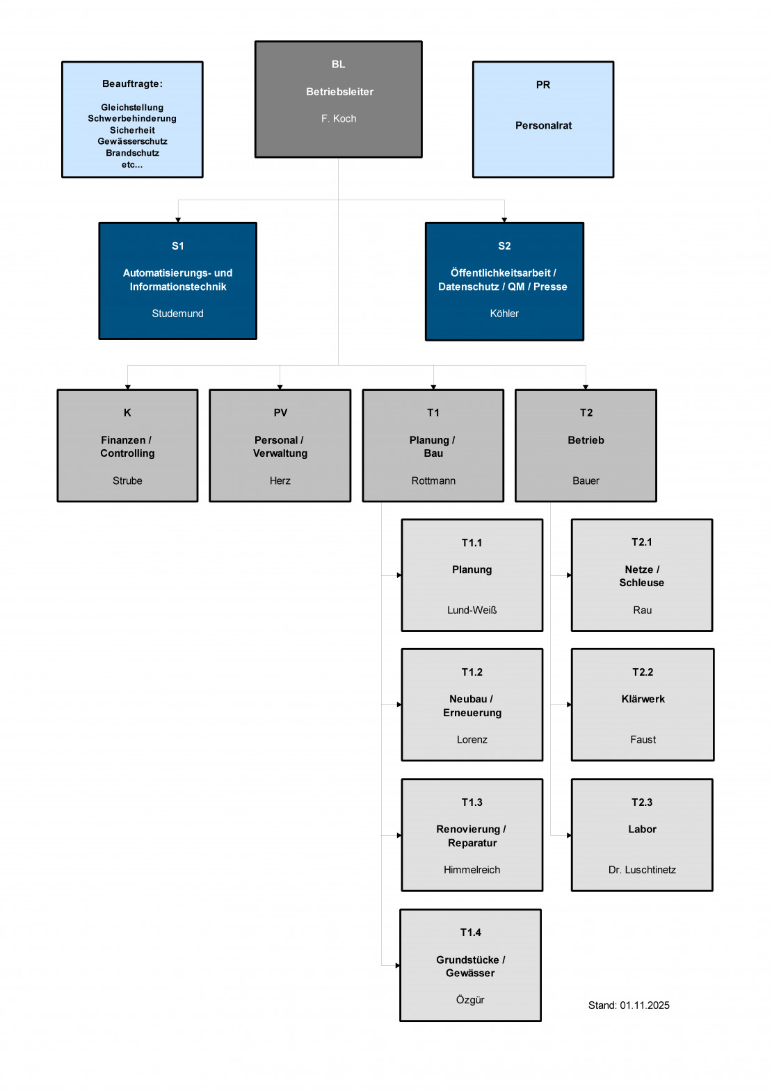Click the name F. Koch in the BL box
click(x=339, y=119)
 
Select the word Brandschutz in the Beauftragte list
click(x=132, y=153)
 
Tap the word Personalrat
click(x=543, y=126)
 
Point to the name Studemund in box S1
click(x=177, y=314)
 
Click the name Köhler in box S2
click(x=504, y=314)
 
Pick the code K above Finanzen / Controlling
click(x=127, y=413)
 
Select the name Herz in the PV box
click(x=280, y=481)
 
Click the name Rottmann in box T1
click(x=433, y=481)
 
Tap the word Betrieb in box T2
click(x=586, y=440)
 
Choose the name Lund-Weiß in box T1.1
click(x=472, y=611)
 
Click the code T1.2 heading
click(x=472, y=672)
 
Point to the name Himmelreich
click(x=472, y=870)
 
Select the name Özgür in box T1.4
click(x=470, y=1000)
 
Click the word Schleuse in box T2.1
click(x=641, y=583)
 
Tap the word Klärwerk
click(x=643, y=700)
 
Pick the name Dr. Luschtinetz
click(x=642, y=870)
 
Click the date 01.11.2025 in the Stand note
click(x=645, y=1005)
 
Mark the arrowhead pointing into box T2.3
click(x=569, y=835)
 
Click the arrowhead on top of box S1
click(x=178, y=220)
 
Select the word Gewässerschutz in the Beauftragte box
click(x=132, y=141)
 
